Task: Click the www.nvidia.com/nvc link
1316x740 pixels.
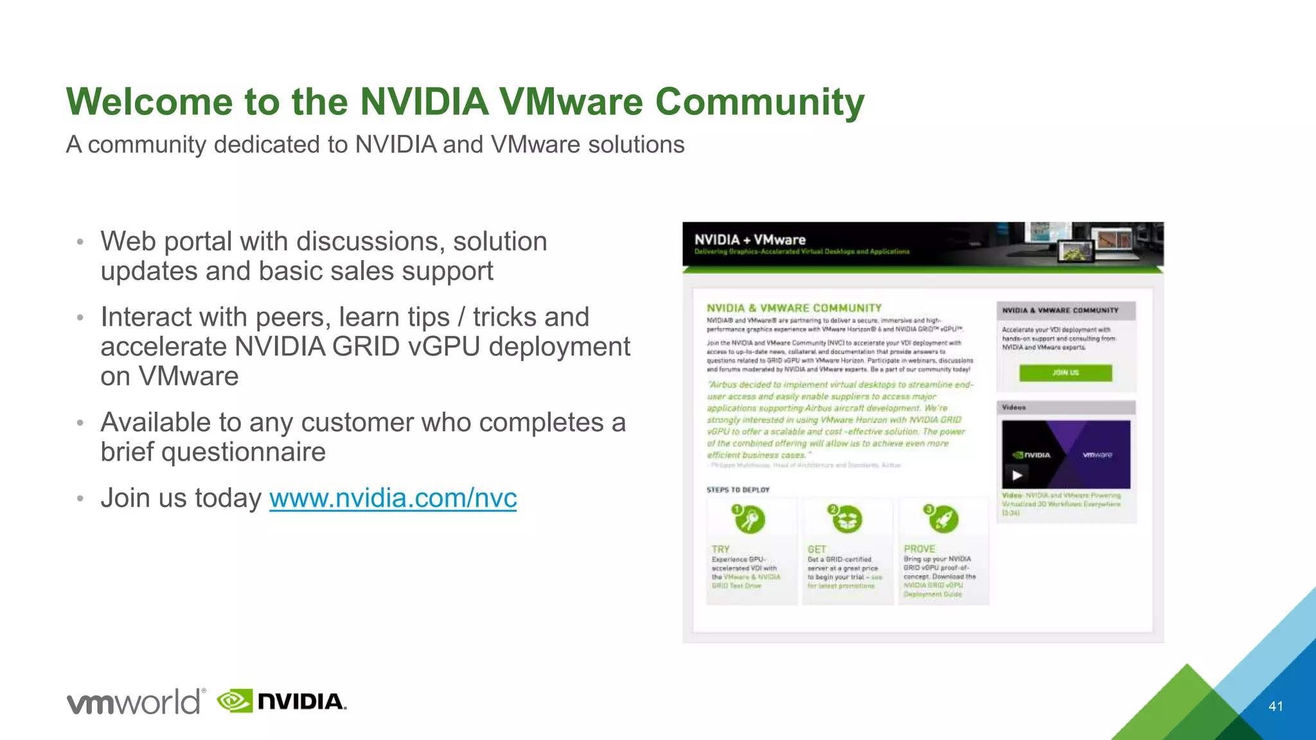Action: click(393, 498)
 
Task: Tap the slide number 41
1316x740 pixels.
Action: click(1276, 706)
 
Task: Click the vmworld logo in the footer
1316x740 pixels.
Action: click(136, 701)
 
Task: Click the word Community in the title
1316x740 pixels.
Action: click(760, 101)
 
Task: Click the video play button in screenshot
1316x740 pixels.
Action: click(1017, 475)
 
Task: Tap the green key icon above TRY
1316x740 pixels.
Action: click(749, 519)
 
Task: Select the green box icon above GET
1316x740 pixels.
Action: click(846, 519)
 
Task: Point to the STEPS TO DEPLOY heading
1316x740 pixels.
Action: click(738, 489)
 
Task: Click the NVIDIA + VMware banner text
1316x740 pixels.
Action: click(749, 240)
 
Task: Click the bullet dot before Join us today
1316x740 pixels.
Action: click(80, 498)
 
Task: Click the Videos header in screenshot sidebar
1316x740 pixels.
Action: click(1014, 407)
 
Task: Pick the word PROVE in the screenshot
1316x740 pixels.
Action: click(920, 549)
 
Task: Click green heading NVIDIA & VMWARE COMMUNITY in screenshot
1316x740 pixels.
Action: click(794, 308)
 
